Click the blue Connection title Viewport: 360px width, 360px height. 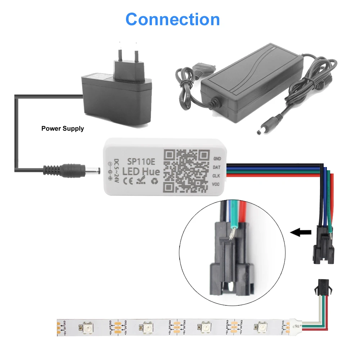173,19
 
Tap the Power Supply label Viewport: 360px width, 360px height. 63,129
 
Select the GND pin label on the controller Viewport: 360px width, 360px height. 217,158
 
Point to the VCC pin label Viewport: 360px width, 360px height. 217,184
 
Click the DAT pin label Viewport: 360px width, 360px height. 217,167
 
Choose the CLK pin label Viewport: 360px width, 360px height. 217,176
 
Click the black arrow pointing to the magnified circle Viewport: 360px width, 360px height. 301,233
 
